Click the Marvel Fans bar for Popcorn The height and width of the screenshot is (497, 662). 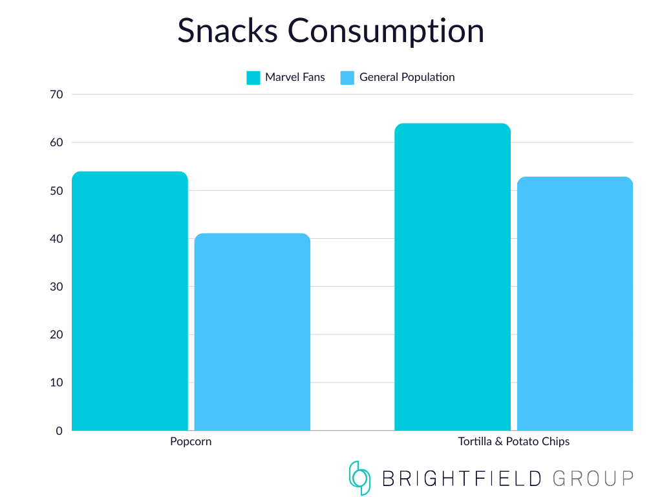pos(129,301)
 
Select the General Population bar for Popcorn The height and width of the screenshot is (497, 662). pos(252,332)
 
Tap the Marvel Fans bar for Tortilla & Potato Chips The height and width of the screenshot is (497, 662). pos(452,277)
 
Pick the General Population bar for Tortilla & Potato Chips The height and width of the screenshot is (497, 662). pos(575,304)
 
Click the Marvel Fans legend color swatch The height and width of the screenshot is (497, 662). pos(253,78)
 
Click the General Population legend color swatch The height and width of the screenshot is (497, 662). pos(347,78)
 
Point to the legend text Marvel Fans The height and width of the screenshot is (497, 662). pos(295,77)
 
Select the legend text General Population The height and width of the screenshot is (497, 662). pos(407,77)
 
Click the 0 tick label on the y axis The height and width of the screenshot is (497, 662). pos(59,430)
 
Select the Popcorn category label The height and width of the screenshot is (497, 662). pos(191,442)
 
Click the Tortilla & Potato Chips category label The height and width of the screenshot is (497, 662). pos(514,442)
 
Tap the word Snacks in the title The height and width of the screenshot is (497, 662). pos(227,30)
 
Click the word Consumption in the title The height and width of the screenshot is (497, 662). pos(386,30)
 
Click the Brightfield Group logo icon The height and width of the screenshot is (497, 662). pos(359,478)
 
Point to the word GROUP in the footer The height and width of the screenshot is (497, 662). pos(593,479)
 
